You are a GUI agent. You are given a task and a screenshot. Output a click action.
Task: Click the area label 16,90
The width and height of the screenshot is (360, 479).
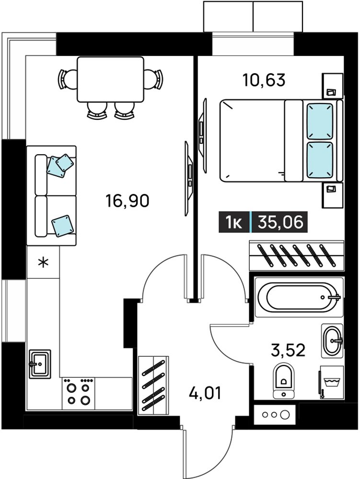[x=127, y=201]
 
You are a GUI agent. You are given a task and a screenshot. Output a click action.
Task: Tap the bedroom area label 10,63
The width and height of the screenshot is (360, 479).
[x=264, y=80]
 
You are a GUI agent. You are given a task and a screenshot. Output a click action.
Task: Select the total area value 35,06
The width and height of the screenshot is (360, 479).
[x=280, y=222]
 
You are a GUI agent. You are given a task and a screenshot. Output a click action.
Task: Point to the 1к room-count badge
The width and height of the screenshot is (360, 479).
[x=234, y=222]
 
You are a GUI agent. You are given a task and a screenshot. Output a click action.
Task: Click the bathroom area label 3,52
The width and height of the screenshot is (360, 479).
[x=288, y=350]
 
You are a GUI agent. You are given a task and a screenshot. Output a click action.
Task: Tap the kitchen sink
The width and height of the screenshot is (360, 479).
[x=40, y=364]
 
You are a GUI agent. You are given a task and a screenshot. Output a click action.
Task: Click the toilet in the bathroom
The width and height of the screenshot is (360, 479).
[x=284, y=381]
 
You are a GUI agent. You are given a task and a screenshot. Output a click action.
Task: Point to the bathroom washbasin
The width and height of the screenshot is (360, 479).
[x=332, y=341]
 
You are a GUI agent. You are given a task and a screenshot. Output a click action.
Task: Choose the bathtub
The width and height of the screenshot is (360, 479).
[x=299, y=297]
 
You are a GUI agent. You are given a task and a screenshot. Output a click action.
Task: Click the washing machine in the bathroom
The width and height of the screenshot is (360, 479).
[x=332, y=382]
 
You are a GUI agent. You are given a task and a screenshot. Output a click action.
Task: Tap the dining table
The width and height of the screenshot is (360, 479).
[x=110, y=80]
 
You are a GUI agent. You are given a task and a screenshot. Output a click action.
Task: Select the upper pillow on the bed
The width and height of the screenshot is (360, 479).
[x=320, y=121]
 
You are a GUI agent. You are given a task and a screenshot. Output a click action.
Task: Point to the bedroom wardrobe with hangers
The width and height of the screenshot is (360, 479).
[x=297, y=255]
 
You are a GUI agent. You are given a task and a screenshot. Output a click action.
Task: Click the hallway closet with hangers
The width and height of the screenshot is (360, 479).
[x=153, y=385]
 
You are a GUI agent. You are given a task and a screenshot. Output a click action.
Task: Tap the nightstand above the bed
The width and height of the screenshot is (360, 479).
[x=333, y=86]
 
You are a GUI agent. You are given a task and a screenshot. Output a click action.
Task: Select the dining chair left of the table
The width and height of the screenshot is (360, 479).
[x=67, y=79]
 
